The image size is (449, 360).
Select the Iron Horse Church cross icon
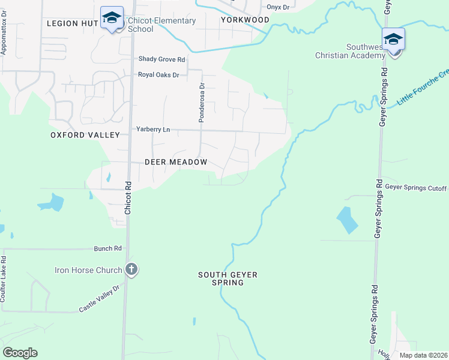[x=132, y=270]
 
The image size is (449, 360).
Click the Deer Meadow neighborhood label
[x=176, y=162]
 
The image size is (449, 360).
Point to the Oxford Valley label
[x=85, y=136]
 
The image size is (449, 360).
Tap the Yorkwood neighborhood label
[x=244, y=20]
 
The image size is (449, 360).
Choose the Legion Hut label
[x=71, y=23]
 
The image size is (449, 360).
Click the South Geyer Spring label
[x=228, y=278]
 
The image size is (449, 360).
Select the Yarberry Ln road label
[x=153, y=130]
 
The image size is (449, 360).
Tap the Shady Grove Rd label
[x=161, y=59]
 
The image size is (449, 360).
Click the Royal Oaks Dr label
[x=159, y=75]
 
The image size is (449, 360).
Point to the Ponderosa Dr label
[x=202, y=103]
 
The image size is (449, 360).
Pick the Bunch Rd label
[x=108, y=248]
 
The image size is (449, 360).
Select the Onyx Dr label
[x=278, y=7]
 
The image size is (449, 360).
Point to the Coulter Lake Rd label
[x=4, y=280]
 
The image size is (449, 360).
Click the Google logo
[x=20, y=353]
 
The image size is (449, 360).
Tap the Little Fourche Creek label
[x=424, y=90]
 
